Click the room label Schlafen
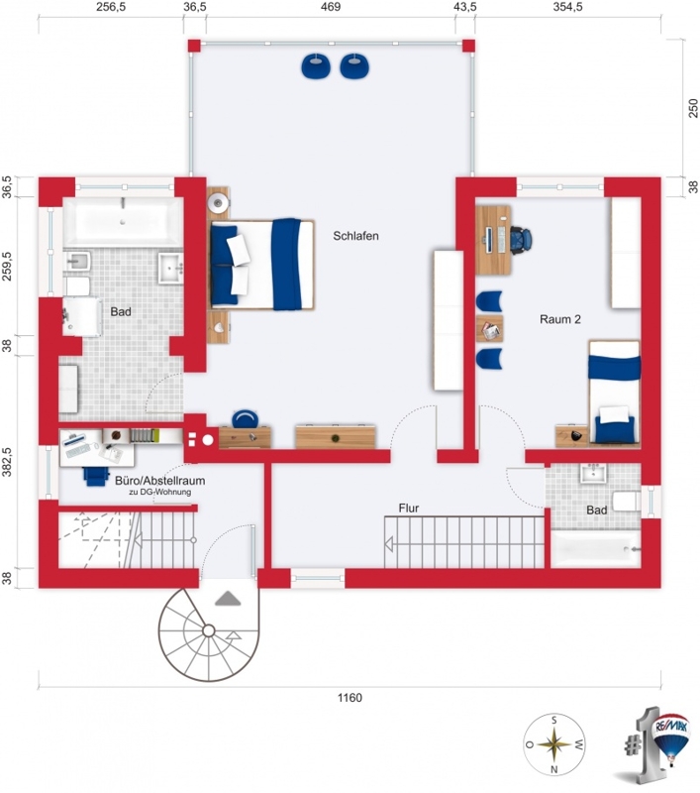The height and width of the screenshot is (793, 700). click(355, 236)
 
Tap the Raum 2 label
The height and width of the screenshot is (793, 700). click(560, 319)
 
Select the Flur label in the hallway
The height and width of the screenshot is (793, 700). click(409, 508)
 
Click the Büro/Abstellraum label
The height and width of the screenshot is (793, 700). click(159, 481)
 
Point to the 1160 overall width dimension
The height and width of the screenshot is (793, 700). click(350, 698)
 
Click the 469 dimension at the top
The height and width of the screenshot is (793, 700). click(331, 7)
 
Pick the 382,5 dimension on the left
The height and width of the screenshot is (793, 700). click(7, 461)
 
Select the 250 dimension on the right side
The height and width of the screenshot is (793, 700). click(693, 108)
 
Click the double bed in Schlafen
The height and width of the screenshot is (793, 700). click(262, 264)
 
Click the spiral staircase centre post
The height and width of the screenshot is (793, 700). click(208, 630)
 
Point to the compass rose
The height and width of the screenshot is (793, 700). click(554, 744)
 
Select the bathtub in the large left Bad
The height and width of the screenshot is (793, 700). click(123, 222)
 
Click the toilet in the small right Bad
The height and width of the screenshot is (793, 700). click(627, 501)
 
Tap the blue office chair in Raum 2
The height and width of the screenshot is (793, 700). click(521, 240)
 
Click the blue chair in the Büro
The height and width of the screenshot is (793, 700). click(96, 476)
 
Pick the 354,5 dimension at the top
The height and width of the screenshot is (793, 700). click(567, 7)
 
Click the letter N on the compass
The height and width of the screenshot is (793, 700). click(554, 770)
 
